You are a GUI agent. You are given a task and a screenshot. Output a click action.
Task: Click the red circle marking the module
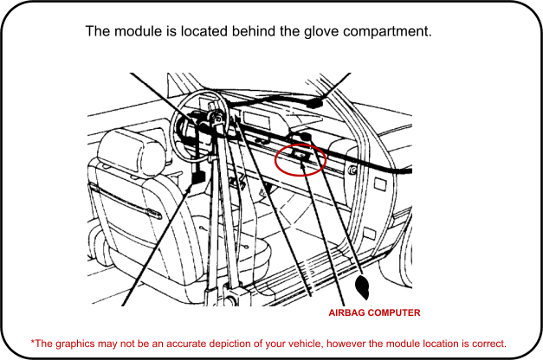[300, 159]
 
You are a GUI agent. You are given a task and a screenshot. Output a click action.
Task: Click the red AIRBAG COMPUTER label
[375, 312]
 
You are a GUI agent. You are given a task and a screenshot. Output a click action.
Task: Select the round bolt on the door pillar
[352, 170]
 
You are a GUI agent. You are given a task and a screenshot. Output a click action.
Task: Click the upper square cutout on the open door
[380, 184]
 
